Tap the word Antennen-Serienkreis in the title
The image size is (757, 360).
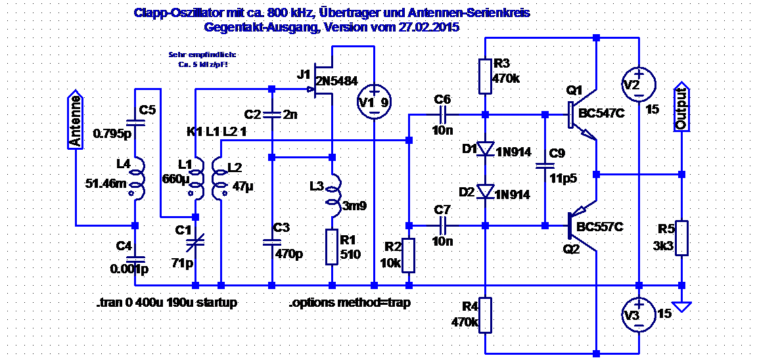tap(476, 13)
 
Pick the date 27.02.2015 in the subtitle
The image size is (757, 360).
tap(428, 28)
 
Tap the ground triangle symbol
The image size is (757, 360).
tap(682, 305)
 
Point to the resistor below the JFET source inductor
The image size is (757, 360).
tap(333, 247)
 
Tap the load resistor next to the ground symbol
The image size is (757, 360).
tap(682, 238)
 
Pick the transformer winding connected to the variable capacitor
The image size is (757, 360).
tap(195, 177)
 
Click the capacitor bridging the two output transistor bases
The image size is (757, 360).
tap(545, 166)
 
